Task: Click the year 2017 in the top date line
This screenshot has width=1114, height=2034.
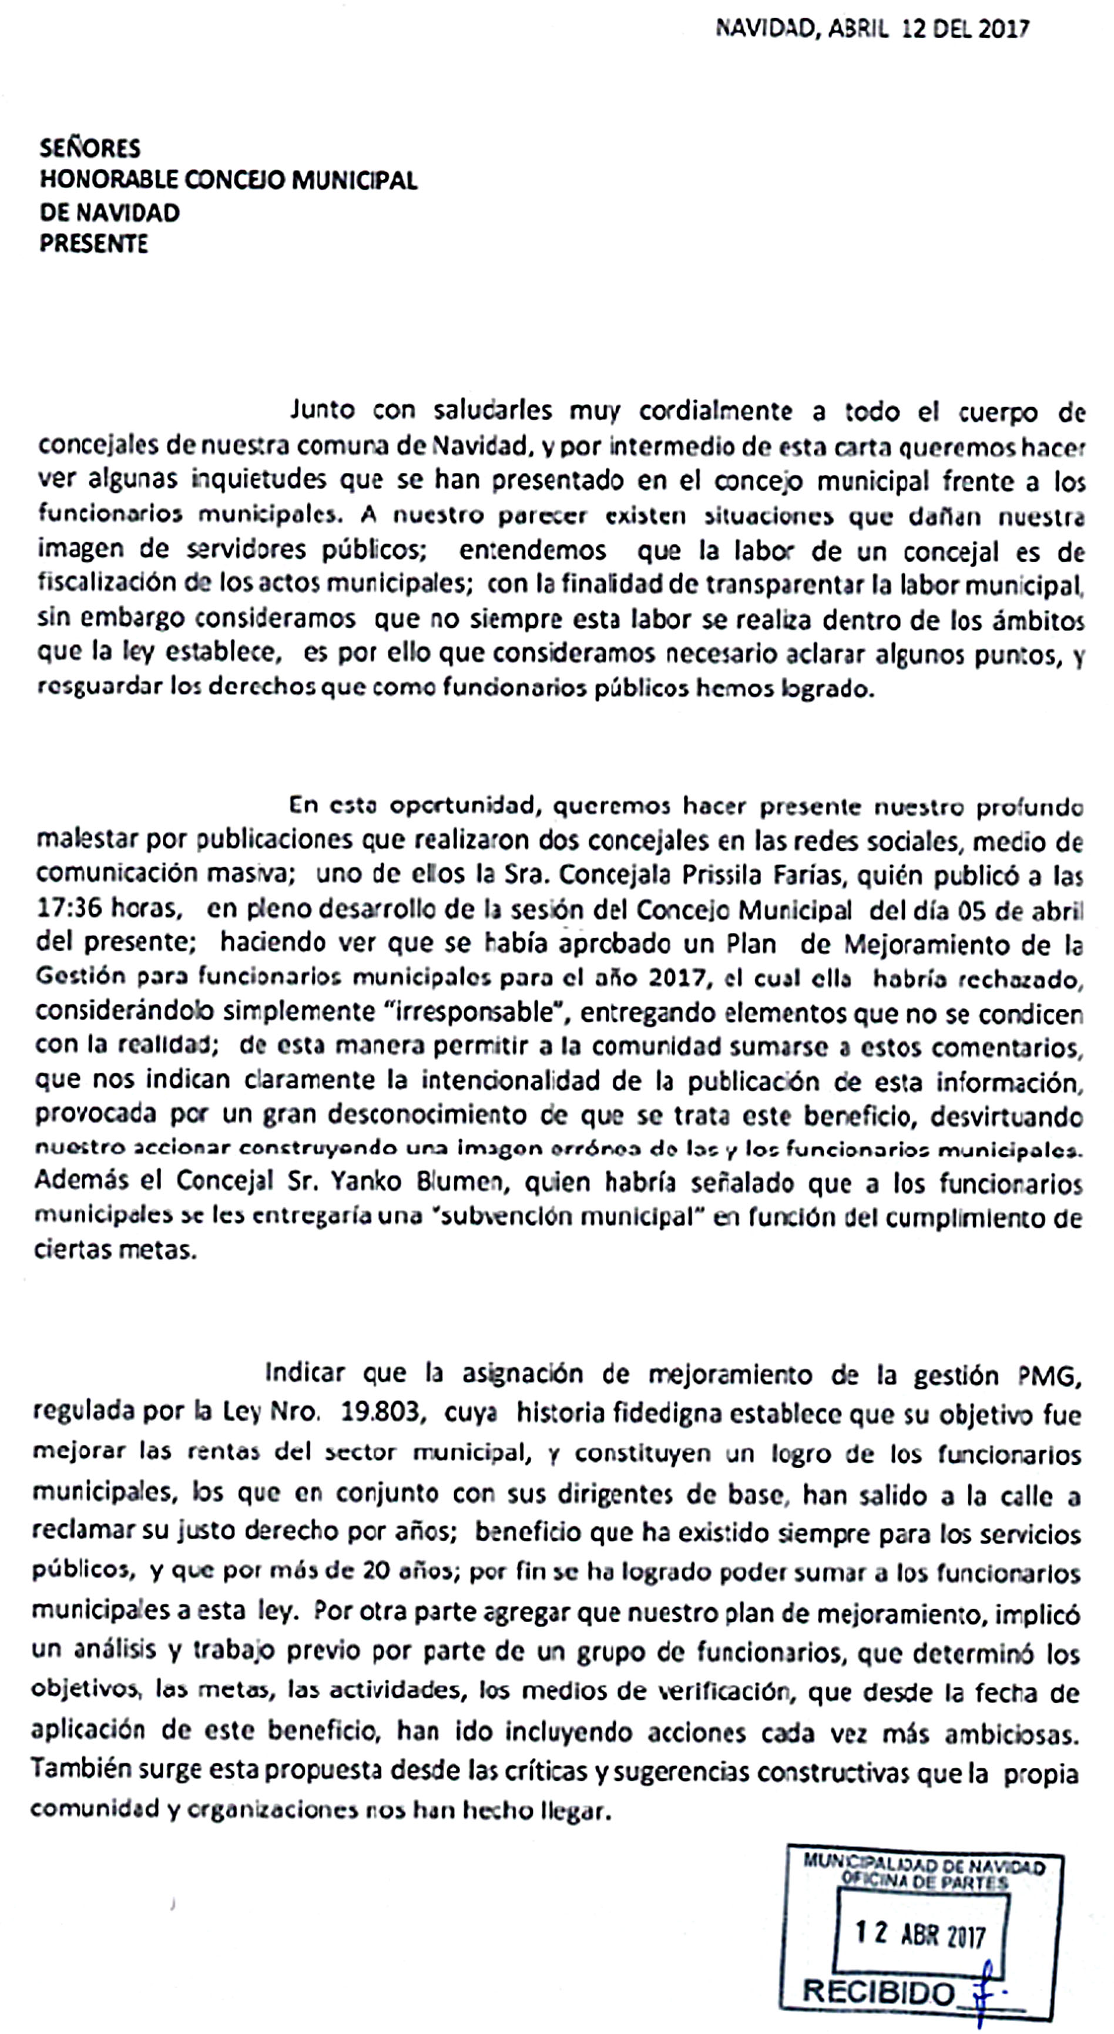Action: point(1003,29)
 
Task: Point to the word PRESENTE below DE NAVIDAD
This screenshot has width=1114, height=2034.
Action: point(94,243)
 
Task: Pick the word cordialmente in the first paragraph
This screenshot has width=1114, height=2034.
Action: point(715,411)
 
